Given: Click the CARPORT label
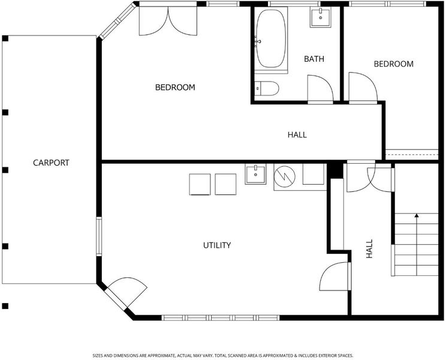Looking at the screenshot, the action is [x=51, y=163].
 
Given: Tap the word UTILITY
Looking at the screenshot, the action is [x=217, y=245].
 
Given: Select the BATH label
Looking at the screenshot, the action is [x=314, y=59].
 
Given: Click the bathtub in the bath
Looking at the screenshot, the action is [x=271, y=39].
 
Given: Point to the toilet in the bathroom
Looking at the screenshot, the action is [x=267, y=89].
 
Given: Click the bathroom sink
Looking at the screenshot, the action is [x=320, y=17].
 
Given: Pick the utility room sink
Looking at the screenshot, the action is [x=255, y=174].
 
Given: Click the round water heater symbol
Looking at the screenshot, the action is [x=284, y=177].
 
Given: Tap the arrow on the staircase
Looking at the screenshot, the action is [x=417, y=244].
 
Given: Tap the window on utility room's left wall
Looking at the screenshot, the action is [x=99, y=236].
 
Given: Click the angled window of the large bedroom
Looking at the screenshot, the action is [x=117, y=21].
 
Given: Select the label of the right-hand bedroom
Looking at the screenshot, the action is [x=394, y=64].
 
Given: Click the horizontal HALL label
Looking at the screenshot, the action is [x=297, y=135].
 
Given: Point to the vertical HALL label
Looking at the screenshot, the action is [x=369, y=249].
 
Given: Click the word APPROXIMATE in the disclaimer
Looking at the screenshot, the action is [x=162, y=356].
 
